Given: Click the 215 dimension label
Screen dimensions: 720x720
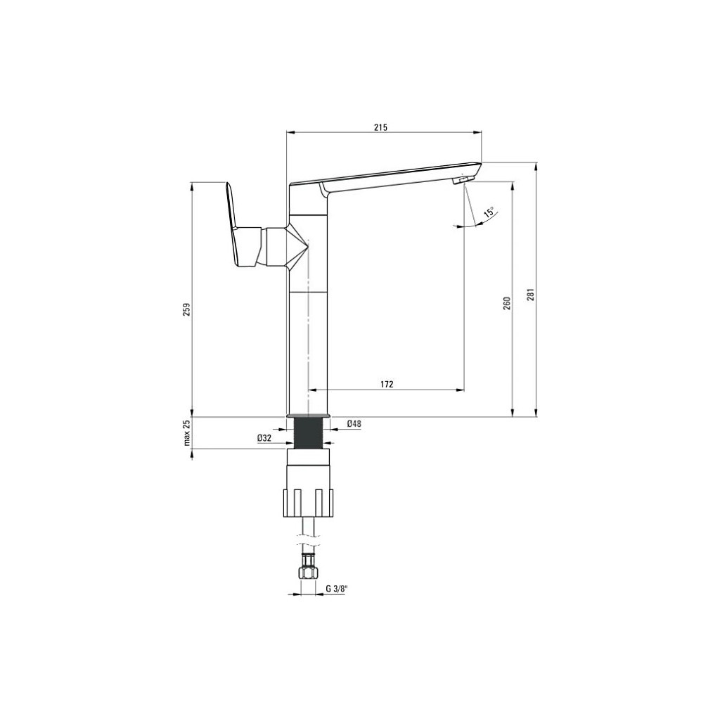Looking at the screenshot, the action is coord(380,127).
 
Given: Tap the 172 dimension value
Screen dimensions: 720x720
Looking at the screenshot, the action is coord(387,385).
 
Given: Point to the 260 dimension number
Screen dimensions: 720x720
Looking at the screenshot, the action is coord(507,303).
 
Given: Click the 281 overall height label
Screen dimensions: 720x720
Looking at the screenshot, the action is coord(531,295).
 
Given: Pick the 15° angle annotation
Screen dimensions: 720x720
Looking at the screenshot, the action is coord(489,212).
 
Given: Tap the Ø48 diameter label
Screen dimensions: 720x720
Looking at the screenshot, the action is coord(354,424).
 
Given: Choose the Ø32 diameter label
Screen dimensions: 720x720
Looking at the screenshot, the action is coord(264,438).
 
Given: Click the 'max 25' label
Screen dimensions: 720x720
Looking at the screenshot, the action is coord(187,433).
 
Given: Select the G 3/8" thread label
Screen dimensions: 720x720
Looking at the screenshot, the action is coord(337,589).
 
